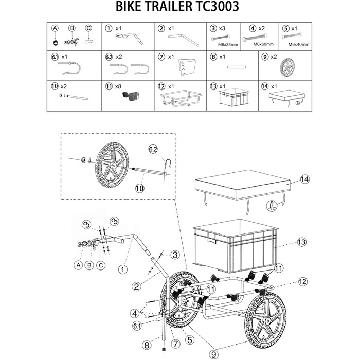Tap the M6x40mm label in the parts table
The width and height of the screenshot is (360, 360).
click(298, 45)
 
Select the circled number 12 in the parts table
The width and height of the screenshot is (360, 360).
click(161, 86)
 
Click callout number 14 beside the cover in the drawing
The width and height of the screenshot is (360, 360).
click(305, 179)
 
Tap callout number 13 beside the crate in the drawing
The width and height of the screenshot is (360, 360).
click(302, 241)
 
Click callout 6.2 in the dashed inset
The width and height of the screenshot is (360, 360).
click(153, 149)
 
